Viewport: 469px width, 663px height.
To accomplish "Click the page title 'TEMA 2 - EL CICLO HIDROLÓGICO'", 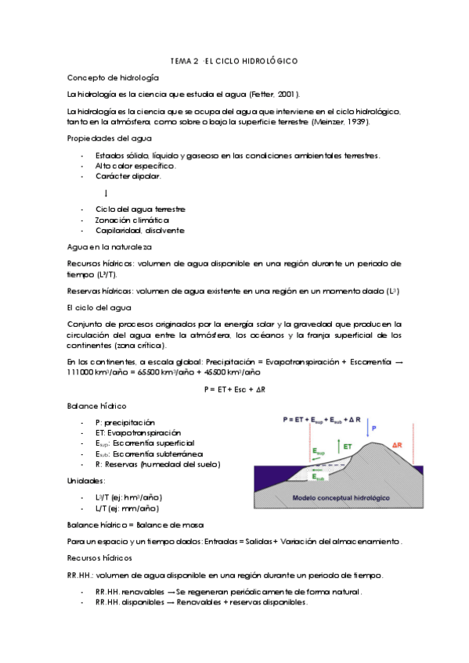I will tap(234, 60).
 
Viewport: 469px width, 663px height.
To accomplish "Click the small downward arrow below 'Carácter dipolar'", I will tap(105, 192).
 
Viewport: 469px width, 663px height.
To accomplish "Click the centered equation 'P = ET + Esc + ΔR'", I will tap(235, 388).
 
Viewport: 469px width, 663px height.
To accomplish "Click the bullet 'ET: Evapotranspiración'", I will tap(138, 432).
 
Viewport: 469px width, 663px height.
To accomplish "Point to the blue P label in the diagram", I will tap(373, 428).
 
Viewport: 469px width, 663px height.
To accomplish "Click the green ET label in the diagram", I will tap(346, 446).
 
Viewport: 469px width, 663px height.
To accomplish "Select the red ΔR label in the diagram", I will tap(397, 444).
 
